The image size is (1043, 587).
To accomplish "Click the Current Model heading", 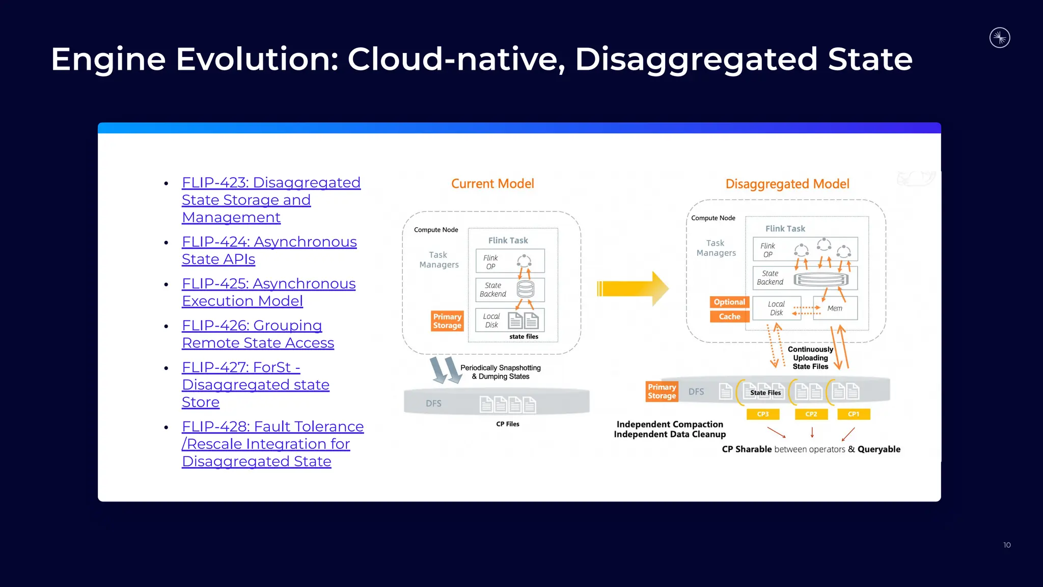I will point(492,184).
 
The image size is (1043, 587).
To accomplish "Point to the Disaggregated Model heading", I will point(787,184).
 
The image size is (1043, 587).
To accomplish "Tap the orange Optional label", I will point(729,302).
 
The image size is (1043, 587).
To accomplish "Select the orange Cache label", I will point(729,316).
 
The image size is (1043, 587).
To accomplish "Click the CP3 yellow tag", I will point(763,414).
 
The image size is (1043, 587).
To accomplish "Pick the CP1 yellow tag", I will point(854,414).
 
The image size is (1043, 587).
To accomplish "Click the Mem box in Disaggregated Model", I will point(835,308).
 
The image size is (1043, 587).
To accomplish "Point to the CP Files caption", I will point(508,424).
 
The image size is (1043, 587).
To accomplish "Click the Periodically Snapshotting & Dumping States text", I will point(500,372).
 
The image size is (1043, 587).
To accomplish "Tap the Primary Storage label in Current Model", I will point(447,321).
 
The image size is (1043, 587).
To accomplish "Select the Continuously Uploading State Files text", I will point(810,358).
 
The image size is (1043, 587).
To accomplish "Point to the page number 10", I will point(1007,545).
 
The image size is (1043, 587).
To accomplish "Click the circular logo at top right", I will point(1000,38).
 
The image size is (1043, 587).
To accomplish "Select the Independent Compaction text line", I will point(670,424).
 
